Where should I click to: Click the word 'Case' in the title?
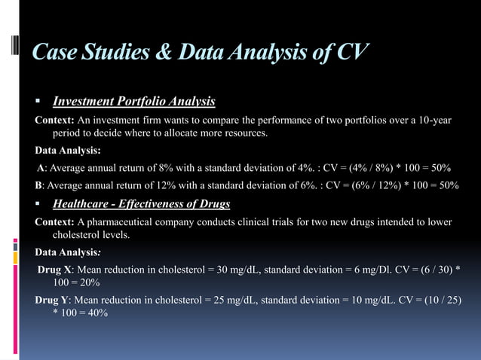[54, 52]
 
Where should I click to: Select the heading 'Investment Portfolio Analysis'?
[133, 102]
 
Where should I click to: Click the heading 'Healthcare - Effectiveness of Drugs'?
[141, 203]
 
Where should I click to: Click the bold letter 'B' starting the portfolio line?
[39, 185]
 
